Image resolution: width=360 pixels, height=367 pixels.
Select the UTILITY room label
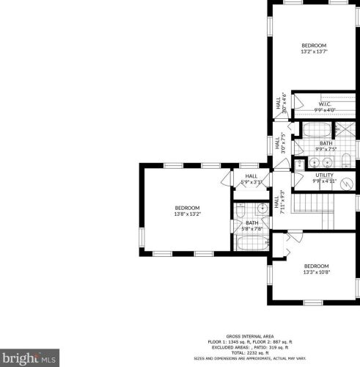pyautogui.click(x=324, y=175)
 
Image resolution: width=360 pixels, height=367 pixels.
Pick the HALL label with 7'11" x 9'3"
pyautogui.click(x=276, y=203)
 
